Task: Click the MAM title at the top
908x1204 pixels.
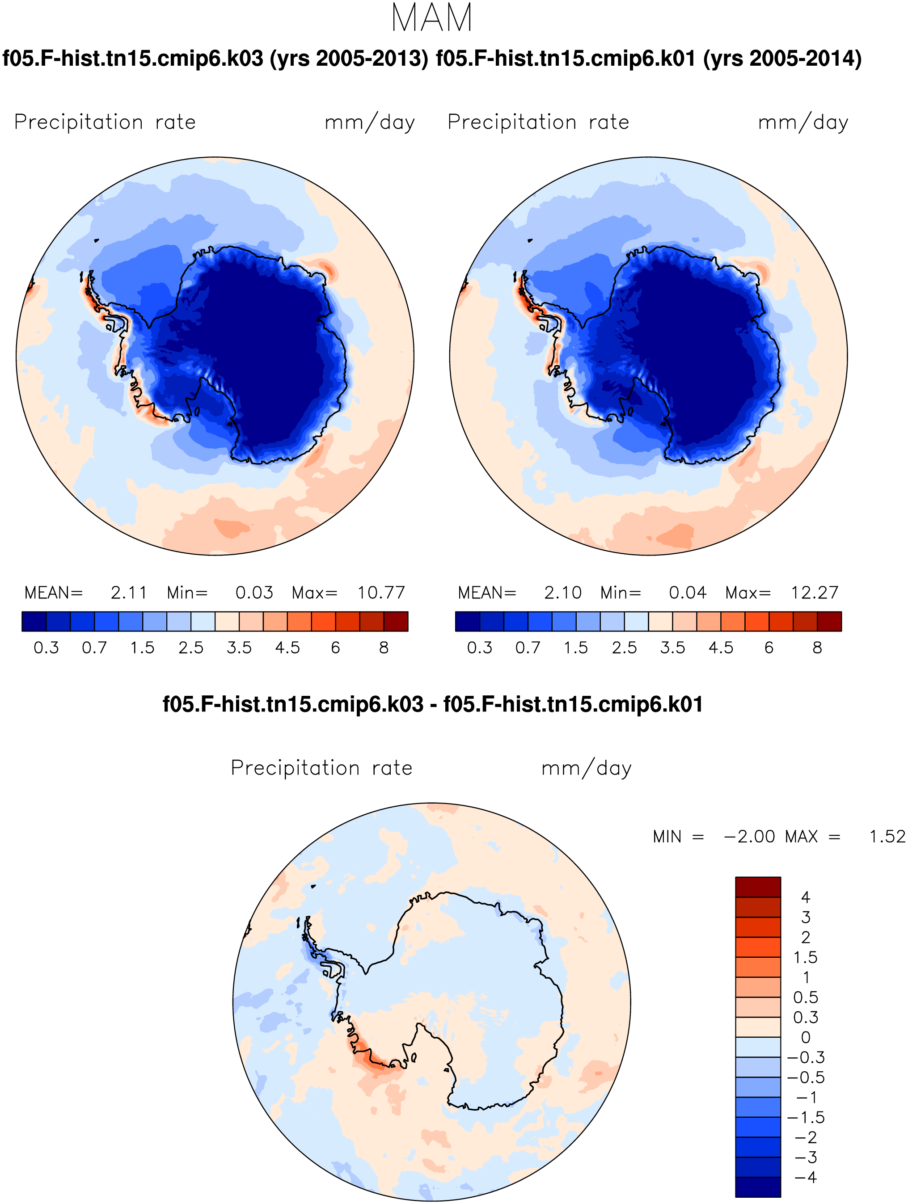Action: pyautogui.click(x=432, y=18)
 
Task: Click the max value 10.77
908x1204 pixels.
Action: pyautogui.click(x=381, y=592)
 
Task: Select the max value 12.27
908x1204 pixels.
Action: pyautogui.click(x=815, y=592)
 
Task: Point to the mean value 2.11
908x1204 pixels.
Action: pyautogui.click(x=129, y=592)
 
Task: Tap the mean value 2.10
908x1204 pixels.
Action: pyautogui.click(x=563, y=592)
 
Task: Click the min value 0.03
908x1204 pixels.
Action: pyautogui.click(x=254, y=592)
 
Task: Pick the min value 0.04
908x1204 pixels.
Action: pyautogui.click(x=688, y=592)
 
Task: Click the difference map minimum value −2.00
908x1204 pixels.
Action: pyautogui.click(x=749, y=837)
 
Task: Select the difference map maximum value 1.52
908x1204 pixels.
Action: pyautogui.click(x=887, y=837)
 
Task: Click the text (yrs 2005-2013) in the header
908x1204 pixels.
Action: pyautogui.click(x=349, y=58)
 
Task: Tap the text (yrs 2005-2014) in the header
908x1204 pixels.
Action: pyautogui.click(x=782, y=58)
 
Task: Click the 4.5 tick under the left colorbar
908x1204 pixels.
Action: pyautogui.click(x=287, y=648)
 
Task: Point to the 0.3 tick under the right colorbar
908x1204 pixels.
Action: pyautogui.click(x=480, y=648)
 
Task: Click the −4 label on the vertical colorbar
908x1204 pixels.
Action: pyautogui.click(x=806, y=1177)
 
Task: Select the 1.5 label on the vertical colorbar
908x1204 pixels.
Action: pyautogui.click(x=805, y=957)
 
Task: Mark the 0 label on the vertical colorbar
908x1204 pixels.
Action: pyautogui.click(x=806, y=1037)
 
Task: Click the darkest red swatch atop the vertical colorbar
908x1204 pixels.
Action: pyautogui.click(x=758, y=887)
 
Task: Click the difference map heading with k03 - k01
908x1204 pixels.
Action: pyautogui.click(x=433, y=704)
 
